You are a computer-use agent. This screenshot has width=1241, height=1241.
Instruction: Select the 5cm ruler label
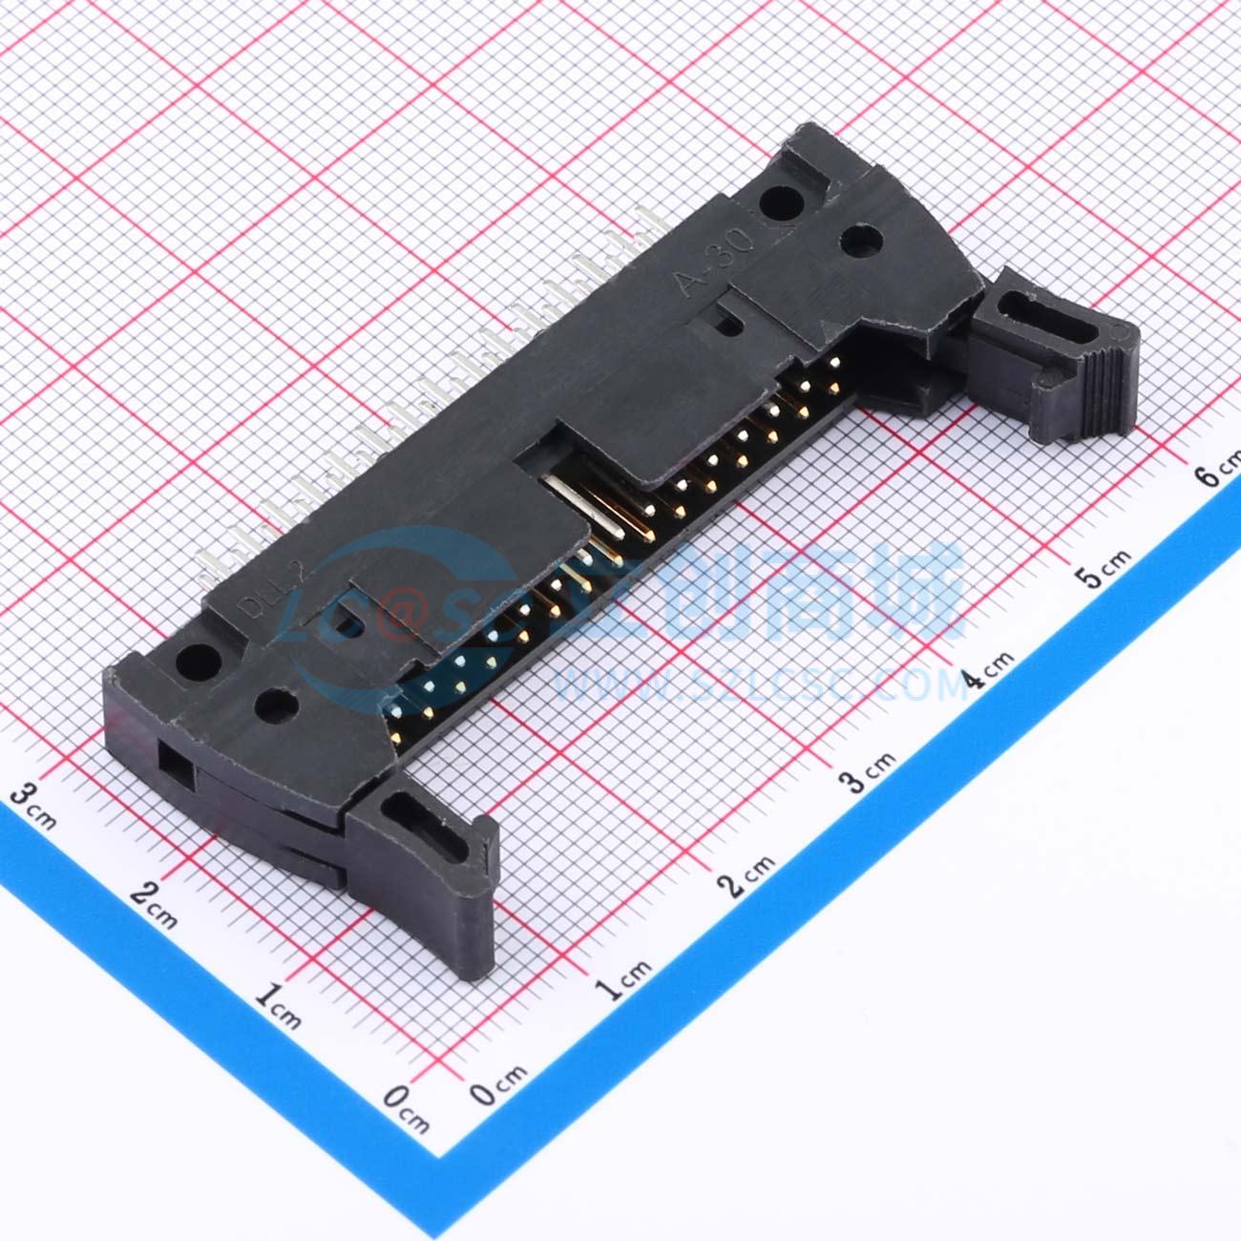tap(1104, 568)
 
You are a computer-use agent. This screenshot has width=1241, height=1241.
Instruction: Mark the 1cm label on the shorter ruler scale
tap(278, 1006)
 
